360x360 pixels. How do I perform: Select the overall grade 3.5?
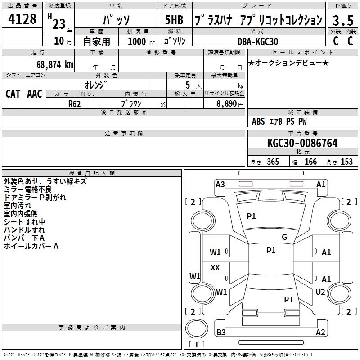tap(342, 20)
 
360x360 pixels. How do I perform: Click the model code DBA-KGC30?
tap(257, 41)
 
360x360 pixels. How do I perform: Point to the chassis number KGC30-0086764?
tap(302, 144)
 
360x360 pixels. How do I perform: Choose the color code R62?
tap(75, 103)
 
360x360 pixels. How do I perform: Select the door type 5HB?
tap(174, 20)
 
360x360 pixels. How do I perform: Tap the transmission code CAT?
tap(13, 94)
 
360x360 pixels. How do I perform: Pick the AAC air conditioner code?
tap(34, 94)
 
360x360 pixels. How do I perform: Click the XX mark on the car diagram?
tap(215, 268)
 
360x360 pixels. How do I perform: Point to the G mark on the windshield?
tap(284, 237)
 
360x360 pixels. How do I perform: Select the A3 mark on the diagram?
tap(220, 184)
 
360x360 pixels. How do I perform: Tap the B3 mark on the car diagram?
tap(221, 333)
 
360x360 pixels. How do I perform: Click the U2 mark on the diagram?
tap(320, 292)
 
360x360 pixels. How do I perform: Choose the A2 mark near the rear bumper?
tap(320, 333)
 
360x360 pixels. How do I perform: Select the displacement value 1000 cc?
tap(139, 41)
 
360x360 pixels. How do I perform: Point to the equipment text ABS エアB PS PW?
tap(279, 121)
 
